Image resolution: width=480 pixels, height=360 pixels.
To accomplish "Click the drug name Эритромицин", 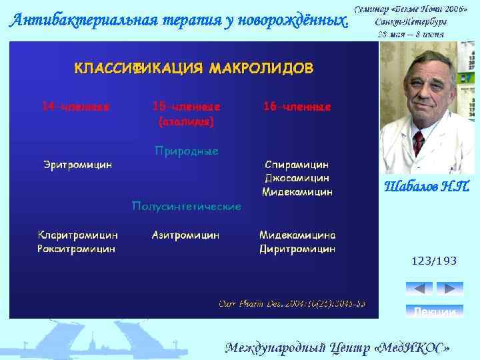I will [x=77, y=164].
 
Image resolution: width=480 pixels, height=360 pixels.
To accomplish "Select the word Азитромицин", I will [x=186, y=235].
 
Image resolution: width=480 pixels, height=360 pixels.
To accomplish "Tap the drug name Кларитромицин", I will [x=78, y=235].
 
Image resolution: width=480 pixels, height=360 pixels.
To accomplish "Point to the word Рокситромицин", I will [x=77, y=249].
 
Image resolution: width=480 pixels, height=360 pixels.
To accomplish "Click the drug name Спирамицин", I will [x=297, y=164].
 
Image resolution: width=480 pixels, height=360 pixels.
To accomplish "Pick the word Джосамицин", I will [x=297, y=178].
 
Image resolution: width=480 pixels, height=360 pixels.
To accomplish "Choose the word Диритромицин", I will [x=297, y=249].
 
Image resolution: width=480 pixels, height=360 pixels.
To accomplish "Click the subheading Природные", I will [x=187, y=151].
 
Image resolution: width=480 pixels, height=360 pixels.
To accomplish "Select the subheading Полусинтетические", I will [x=187, y=207].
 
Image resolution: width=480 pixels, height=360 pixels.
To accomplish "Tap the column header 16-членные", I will [x=297, y=107].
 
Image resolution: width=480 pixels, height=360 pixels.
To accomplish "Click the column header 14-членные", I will [x=76, y=107].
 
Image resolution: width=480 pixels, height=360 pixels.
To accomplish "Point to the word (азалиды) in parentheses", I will [x=187, y=122].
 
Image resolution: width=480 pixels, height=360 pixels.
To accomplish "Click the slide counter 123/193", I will [x=434, y=261].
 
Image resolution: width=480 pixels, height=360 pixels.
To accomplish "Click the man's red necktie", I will [x=418, y=142].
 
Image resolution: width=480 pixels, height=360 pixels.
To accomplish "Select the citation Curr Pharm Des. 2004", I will [x=292, y=304].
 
